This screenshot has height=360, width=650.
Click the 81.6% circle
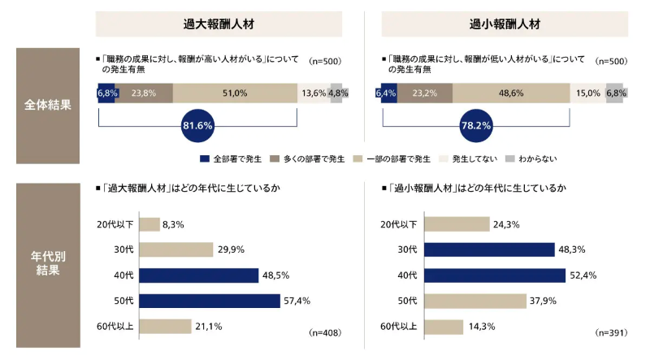coord(198,126)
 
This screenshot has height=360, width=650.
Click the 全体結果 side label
coord(47,106)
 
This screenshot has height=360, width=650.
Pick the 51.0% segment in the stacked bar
coord(235,93)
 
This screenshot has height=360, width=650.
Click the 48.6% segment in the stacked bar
coord(510,93)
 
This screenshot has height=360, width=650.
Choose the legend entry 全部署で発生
coord(232,158)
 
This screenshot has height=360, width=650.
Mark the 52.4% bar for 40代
coord(494,275)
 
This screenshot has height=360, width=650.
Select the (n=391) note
coord(613,332)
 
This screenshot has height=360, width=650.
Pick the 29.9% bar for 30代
coord(175,250)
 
